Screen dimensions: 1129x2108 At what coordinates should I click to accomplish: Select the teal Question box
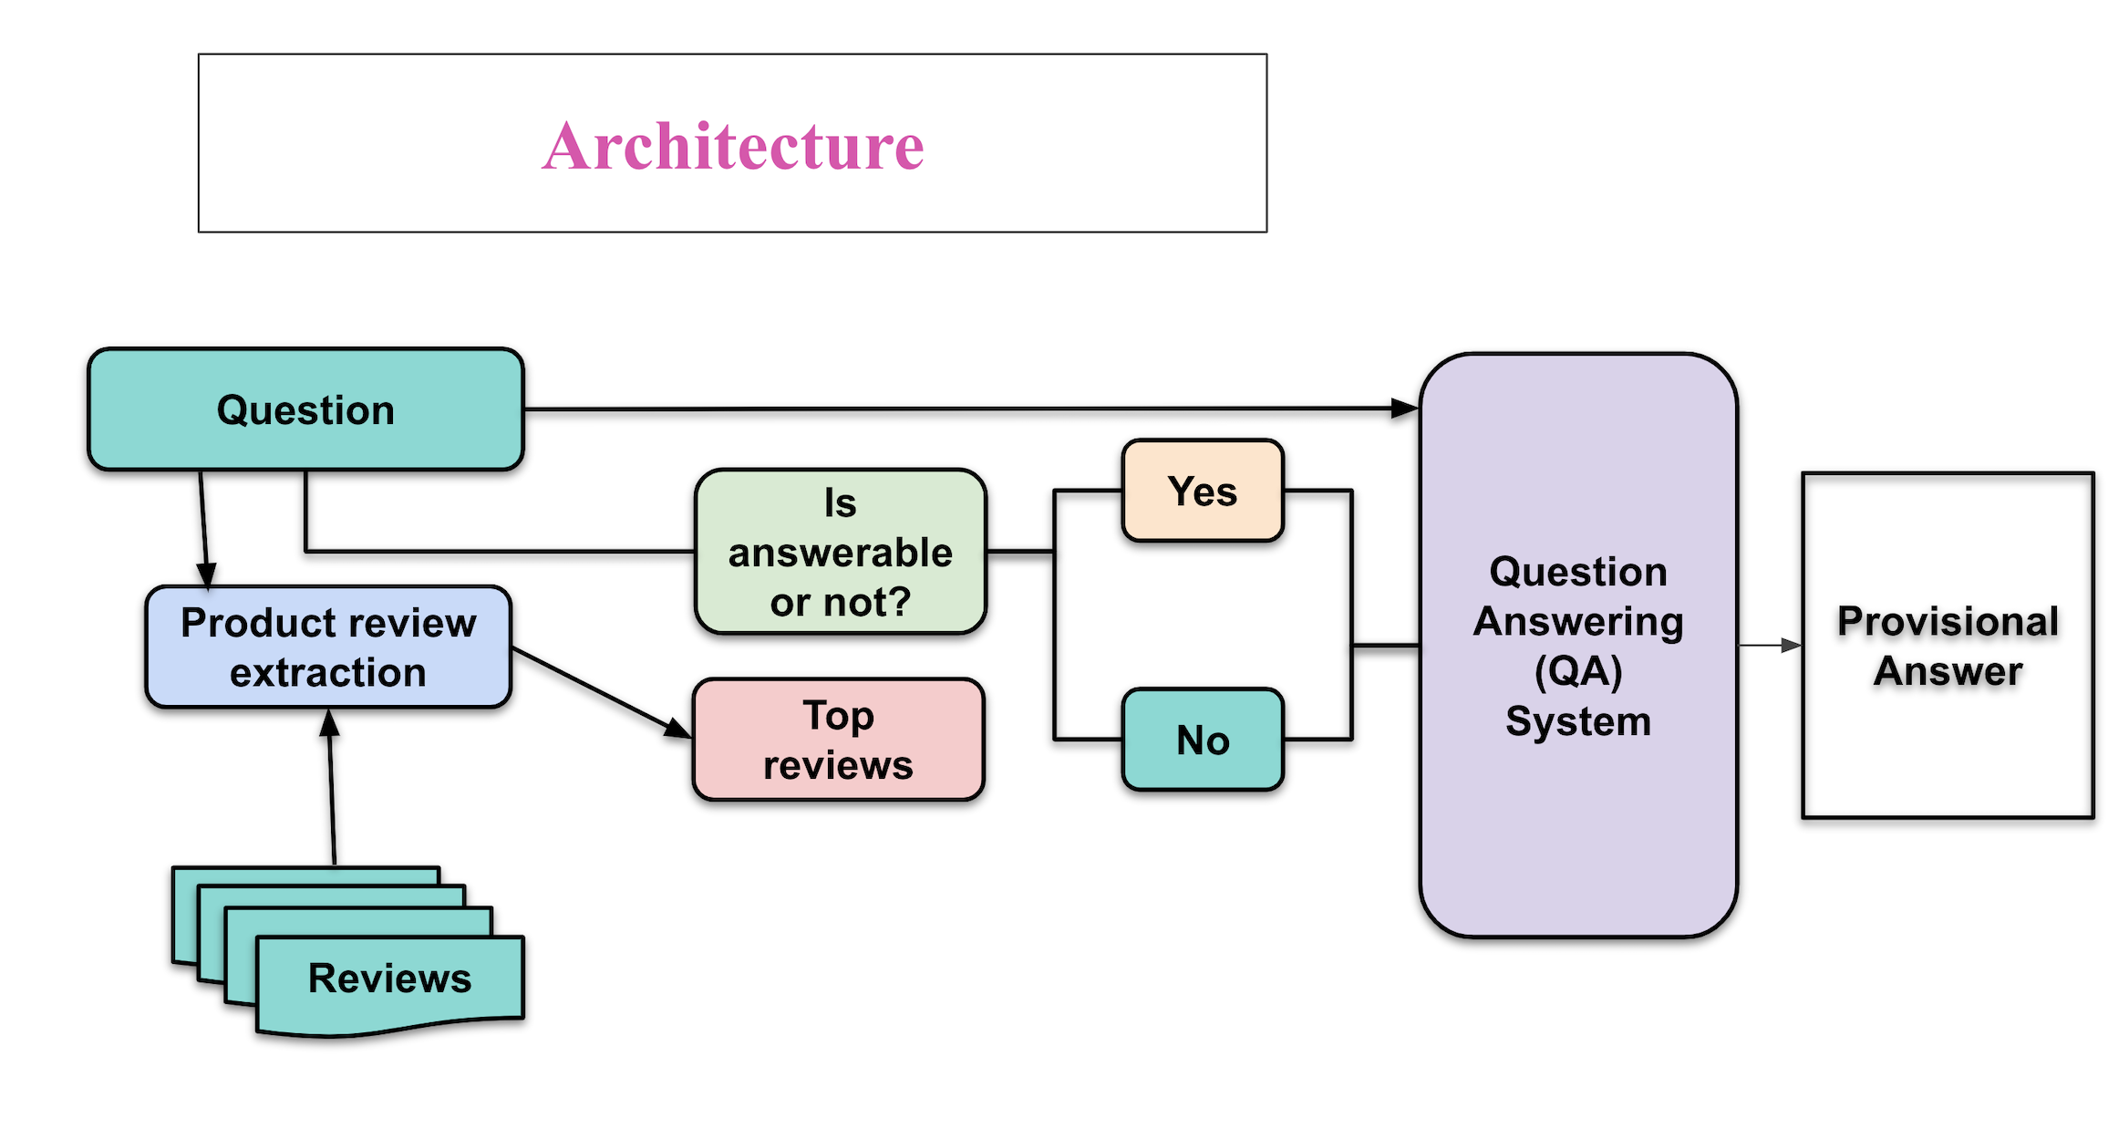click(x=305, y=409)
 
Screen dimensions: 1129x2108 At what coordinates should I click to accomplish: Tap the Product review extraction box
click(x=328, y=647)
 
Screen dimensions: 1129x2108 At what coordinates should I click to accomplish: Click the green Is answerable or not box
click(x=840, y=552)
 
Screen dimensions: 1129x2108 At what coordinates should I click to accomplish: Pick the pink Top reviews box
click(x=838, y=740)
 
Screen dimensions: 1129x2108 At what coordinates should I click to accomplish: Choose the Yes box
click(x=1203, y=492)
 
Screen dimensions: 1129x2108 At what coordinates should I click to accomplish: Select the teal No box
click(x=1203, y=740)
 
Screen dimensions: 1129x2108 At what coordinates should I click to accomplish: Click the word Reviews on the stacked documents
click(x=389, y=979)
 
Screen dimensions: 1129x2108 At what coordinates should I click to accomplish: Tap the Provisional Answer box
click(x=1948, y=646)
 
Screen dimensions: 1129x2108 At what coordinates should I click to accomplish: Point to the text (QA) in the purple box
click(x=1578, y=672)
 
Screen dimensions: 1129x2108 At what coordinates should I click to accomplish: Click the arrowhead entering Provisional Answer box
click(x=1792, y=646)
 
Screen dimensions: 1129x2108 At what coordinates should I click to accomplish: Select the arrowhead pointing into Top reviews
click(x=677, y=729)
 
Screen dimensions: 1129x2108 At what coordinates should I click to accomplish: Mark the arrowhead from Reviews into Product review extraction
click(x=330, y=723)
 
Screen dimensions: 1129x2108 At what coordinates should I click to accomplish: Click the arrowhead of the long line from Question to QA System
click(x=1405, y=409)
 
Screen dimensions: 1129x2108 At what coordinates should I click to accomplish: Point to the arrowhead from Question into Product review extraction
click(x=207, y=575)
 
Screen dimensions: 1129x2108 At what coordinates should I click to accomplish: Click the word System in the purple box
click(x=1578, y=721)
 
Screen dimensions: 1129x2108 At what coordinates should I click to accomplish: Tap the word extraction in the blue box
click(x=328, y=673)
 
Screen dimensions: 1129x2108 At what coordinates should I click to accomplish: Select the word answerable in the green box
click(x=840, y=553)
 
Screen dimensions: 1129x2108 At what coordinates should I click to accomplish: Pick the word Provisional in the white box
click(x=1948, y=621)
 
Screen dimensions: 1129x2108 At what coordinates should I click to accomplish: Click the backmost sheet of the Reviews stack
click(x=301, y=875)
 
